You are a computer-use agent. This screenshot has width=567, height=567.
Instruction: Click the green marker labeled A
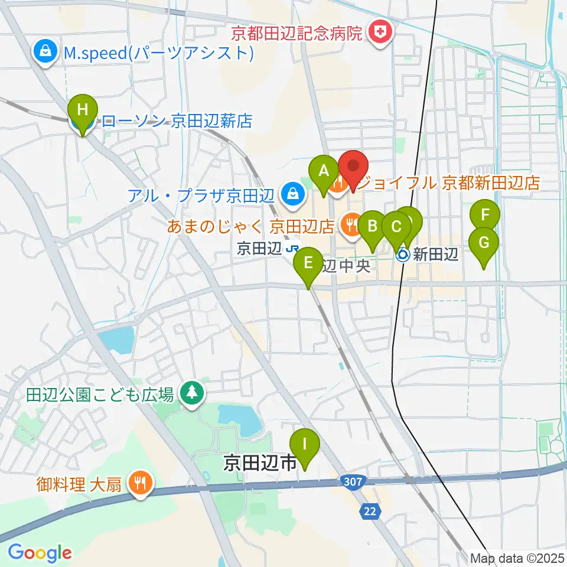(324, 171)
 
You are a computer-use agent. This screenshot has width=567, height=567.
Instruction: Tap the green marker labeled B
(373, 226)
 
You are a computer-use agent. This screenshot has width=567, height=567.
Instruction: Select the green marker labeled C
(396, 226)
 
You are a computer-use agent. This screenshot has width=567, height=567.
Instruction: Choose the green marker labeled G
(484, 242)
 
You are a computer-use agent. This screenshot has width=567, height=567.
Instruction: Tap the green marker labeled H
(83, 110)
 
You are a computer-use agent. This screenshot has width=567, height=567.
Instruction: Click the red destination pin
(353, 165)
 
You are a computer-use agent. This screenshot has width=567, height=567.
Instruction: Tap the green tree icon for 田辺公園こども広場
(191, 393)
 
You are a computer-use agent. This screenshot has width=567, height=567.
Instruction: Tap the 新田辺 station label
(435, 255)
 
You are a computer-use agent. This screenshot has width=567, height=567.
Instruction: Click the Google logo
(40, 553)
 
